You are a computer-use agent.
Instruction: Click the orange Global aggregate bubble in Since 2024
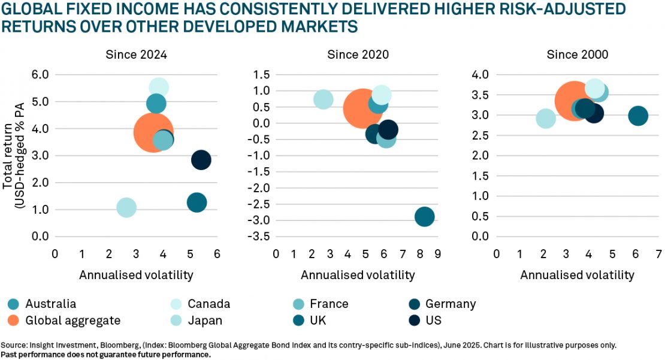153,133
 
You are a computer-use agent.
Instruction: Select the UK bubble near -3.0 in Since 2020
424,217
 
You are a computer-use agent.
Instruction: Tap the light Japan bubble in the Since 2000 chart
545,118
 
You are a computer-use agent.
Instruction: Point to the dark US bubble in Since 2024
201,160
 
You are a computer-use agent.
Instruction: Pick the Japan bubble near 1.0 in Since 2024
126,208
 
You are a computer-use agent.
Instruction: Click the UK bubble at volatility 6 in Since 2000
638,116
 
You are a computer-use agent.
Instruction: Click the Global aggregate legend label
72,320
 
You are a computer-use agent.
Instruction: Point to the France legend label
329,304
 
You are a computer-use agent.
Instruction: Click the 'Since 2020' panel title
358,55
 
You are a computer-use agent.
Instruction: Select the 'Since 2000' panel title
578,55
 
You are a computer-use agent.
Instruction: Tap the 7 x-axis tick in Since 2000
658,253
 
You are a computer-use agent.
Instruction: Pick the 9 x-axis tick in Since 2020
438,253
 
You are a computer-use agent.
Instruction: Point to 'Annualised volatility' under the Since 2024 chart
136,275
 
